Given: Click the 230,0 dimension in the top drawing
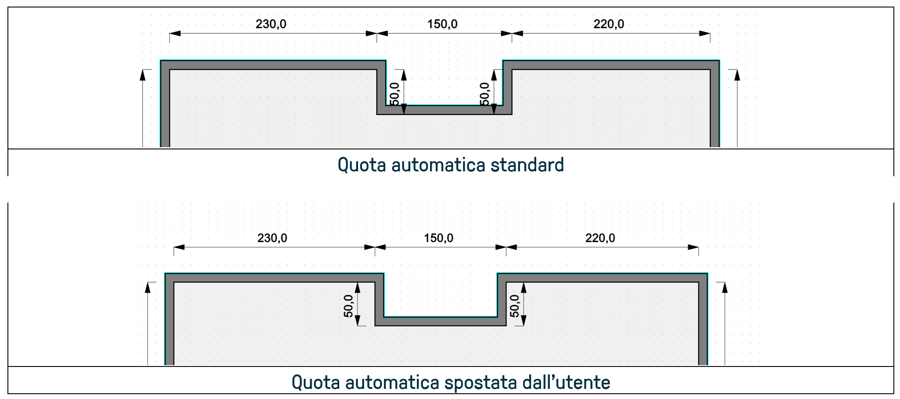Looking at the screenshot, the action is coord(271,24).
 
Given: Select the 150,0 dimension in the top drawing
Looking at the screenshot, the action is coord(442,24).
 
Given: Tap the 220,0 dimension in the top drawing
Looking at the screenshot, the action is coord(609,24).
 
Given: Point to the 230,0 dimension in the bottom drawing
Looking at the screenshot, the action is coord(272,238).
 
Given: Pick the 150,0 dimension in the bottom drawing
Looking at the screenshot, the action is coord(438,238).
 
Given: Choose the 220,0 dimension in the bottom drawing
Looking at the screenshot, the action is coord(600,238).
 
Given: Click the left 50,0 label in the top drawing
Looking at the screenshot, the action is coord(394,94).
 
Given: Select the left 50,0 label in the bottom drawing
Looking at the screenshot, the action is coord(348,306).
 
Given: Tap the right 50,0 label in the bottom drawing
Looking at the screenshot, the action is coord(514,306).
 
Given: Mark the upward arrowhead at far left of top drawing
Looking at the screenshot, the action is coord(143,75).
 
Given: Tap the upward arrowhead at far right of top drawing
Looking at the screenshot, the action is coord(737,75).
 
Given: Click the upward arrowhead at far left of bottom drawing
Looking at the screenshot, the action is coord(148,287).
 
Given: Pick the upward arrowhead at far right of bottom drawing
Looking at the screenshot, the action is coord(725,287).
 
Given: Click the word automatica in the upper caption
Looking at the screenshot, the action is coord(438,165).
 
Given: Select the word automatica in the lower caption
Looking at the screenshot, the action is coord(392,382).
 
